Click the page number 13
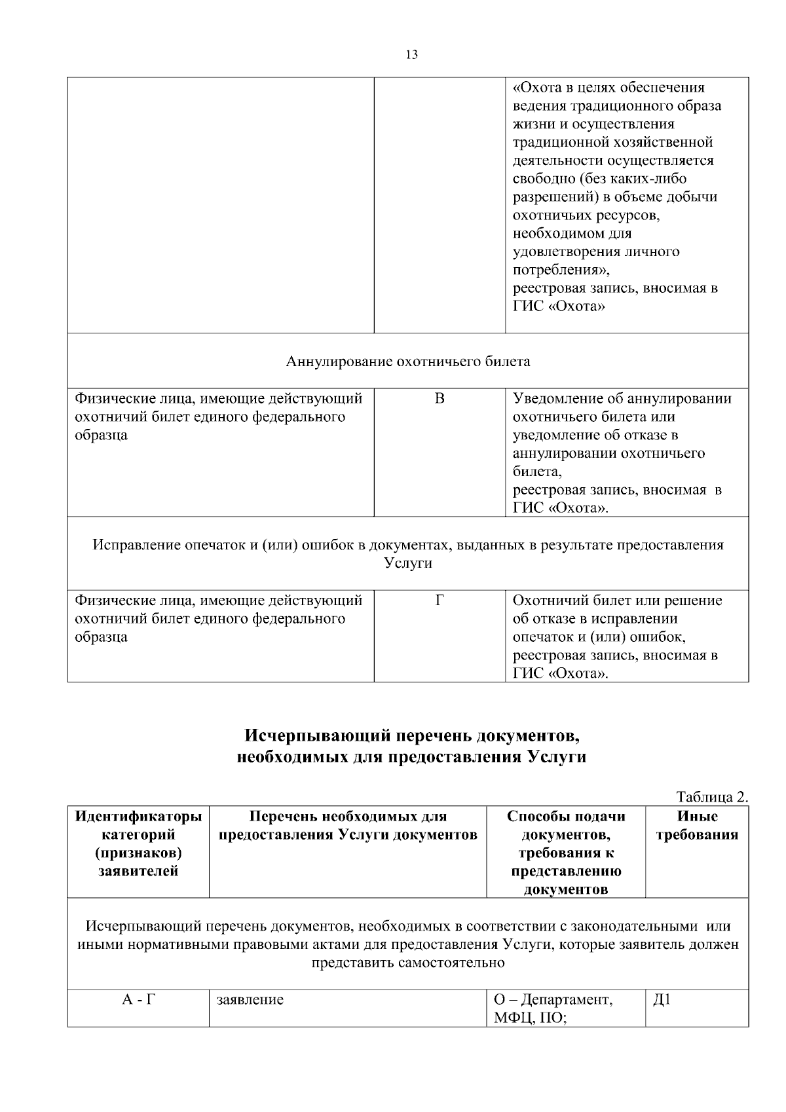point(411,55)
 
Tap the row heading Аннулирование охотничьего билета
point(408,361)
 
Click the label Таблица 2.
point(711,797)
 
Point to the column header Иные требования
point(697,825)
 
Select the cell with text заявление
point(250,1000)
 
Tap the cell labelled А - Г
point(138,1000)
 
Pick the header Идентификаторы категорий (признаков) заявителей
point(138,843)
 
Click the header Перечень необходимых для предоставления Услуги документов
point(348,825)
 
